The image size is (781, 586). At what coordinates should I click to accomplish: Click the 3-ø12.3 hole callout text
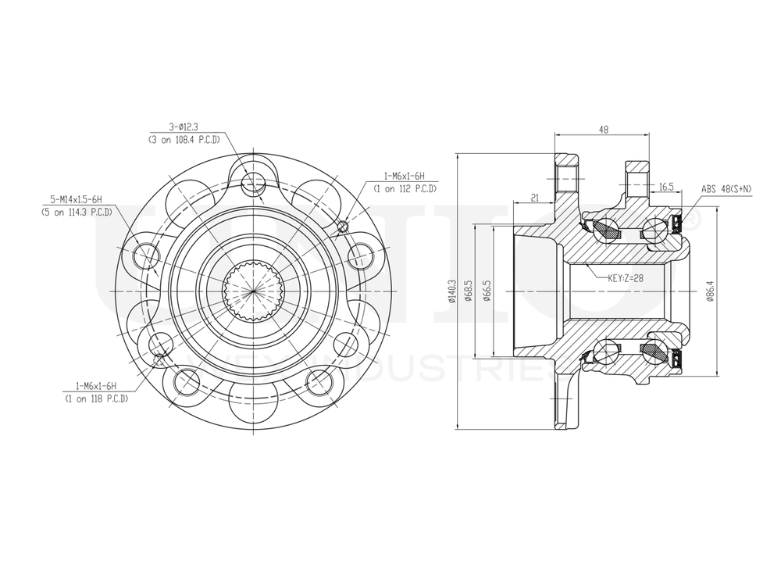pos(184,127)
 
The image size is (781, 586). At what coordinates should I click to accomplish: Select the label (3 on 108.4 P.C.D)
pos(184,139)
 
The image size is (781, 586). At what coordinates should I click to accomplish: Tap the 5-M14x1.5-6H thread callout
pos(77,199)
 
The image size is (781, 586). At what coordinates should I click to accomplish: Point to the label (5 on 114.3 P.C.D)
pos(77,212)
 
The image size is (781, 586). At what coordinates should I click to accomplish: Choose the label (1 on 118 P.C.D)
pos(96,398)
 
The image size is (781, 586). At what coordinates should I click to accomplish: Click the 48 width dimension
pos(603,130)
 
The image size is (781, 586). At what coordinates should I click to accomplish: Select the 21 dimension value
pos(535,198)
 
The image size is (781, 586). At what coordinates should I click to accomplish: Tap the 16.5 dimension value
pos(666,188)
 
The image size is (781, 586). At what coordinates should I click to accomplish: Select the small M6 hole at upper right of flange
pos(342,227)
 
